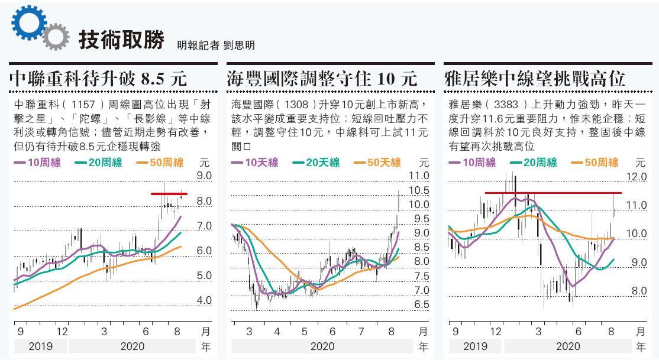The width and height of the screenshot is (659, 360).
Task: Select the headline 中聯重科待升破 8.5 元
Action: (x=98, y=79)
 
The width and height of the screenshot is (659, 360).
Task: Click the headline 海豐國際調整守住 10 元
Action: (x=322, y=79)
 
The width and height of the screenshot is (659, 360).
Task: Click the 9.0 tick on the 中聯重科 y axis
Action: (x=204, y=176)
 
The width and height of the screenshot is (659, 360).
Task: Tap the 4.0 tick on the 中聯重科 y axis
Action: (x=204, y=300)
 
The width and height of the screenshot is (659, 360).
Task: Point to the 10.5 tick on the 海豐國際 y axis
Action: (x=419, y=190)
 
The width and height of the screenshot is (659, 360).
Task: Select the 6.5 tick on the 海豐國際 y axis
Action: (x=421, y=304)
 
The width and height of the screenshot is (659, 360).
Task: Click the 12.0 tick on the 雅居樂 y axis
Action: (x=637, y=177)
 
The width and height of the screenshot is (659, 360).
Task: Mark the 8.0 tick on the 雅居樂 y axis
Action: (x=639, y=291)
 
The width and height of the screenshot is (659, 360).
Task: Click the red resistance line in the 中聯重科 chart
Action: (x=169, y=193)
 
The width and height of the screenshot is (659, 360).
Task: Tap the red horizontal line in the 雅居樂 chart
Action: (x=553, y=193)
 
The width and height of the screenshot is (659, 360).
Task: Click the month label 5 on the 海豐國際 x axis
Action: (x=305, y=332)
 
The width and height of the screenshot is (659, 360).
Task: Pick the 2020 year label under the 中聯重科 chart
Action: (x=132, y=346)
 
